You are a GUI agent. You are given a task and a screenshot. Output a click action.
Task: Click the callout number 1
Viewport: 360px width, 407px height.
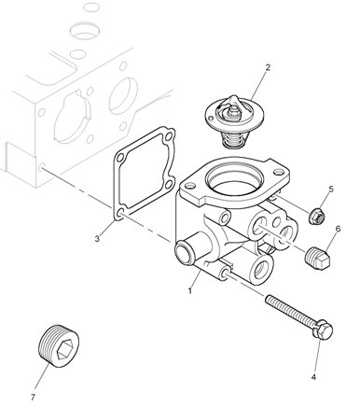point(190,290)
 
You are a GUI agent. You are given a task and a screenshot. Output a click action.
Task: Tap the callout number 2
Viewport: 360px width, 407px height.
point(268,67)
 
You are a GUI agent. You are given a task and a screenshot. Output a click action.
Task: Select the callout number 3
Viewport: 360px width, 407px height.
point(97,239)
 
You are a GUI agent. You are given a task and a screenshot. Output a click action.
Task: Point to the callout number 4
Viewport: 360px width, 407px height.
point(313,377)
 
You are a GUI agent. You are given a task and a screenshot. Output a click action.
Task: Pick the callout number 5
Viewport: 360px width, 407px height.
point(331,189)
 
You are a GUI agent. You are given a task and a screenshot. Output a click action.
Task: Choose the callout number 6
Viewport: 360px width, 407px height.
point(338,229)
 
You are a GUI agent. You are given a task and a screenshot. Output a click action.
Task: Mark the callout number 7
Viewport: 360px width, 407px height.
point(33,397)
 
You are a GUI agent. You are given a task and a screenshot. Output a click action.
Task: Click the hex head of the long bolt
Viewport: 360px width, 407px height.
point(324,330)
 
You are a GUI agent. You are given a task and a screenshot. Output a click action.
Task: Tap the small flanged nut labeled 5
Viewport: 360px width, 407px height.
point(317,217)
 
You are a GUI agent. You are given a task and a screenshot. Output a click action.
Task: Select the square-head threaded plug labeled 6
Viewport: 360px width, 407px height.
point(317,258)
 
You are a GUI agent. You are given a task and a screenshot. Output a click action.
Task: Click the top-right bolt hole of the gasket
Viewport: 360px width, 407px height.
point(169,136)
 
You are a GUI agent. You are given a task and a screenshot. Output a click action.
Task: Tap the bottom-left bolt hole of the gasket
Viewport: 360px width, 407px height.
point(120,214)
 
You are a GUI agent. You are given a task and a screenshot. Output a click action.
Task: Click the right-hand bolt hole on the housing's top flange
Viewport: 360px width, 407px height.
point(279,172)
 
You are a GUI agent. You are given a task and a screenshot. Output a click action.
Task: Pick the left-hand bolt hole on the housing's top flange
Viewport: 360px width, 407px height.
point(190,186)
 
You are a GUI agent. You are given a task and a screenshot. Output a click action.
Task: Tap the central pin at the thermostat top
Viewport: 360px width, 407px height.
point(233,112)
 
